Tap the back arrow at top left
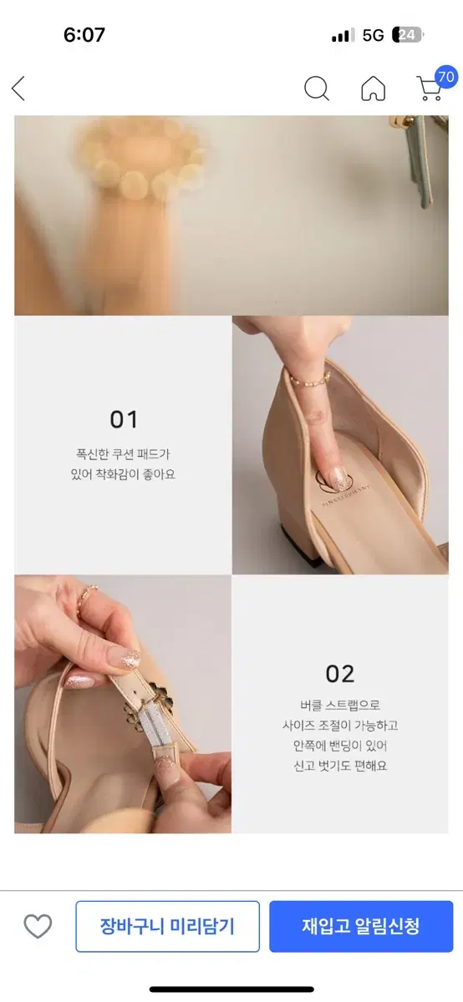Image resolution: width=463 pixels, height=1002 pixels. [18, 89]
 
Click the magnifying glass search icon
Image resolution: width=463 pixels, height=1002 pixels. [316, 89]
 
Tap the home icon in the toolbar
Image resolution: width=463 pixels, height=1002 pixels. [373, 89]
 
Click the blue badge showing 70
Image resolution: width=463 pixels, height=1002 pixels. [446, 77]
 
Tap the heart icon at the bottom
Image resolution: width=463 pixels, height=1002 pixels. [38, 926]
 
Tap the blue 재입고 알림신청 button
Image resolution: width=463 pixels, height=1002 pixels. [360, 926]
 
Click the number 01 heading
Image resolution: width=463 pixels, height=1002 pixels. [124, 419]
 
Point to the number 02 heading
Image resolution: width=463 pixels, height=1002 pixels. [340, 673]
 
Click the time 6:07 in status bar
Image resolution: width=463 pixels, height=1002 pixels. [84, 35]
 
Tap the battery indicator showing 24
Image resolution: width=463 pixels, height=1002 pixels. [409, 35]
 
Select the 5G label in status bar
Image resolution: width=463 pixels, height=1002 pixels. [373, 35]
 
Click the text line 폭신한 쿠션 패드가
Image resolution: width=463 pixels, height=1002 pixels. [123, 455]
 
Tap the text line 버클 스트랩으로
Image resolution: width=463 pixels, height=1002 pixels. [339, 706]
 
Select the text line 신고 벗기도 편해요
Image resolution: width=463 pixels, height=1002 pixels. [339, 766]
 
